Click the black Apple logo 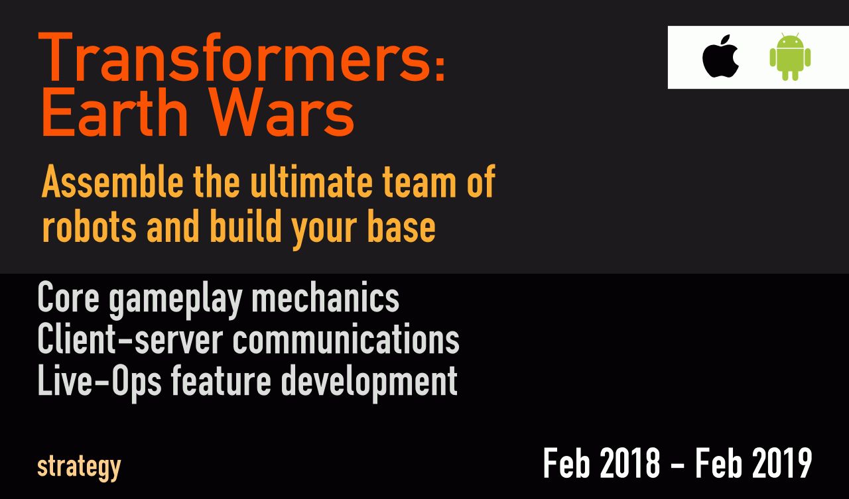720,56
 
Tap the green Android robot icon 790,57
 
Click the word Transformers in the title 236,57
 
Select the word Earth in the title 115,112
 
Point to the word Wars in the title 283,112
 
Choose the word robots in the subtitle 89,227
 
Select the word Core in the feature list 68,297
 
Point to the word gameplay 176,301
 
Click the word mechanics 326,297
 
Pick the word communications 346,339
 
